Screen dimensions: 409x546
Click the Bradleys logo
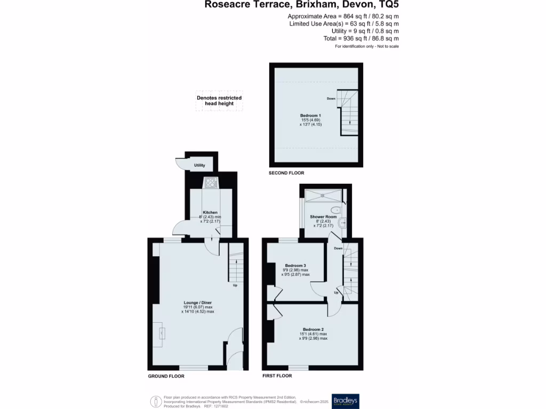(x=346, y=400)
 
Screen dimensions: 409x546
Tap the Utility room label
(x=199, y=166)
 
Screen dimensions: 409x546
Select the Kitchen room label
(x=210, y=212)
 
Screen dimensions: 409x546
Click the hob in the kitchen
(x=211, y=183)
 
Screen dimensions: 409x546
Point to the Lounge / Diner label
(x=198, y=302)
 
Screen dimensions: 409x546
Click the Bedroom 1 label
(x=310, y=116)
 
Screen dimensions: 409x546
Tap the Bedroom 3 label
(x=295, y=265)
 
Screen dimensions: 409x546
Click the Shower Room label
(x=323, y=217)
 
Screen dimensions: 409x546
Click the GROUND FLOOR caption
(x=166, y=376)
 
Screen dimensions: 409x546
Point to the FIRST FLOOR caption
(x=277, y=376)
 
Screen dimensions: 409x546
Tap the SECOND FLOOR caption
(x=287, y=173)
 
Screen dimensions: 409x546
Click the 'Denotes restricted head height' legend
(x=219, y=101)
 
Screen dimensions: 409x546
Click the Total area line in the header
(x=361, y=38)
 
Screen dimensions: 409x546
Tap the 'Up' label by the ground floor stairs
(x=235, y=285)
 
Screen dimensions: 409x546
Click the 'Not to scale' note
(x=386, y=47)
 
